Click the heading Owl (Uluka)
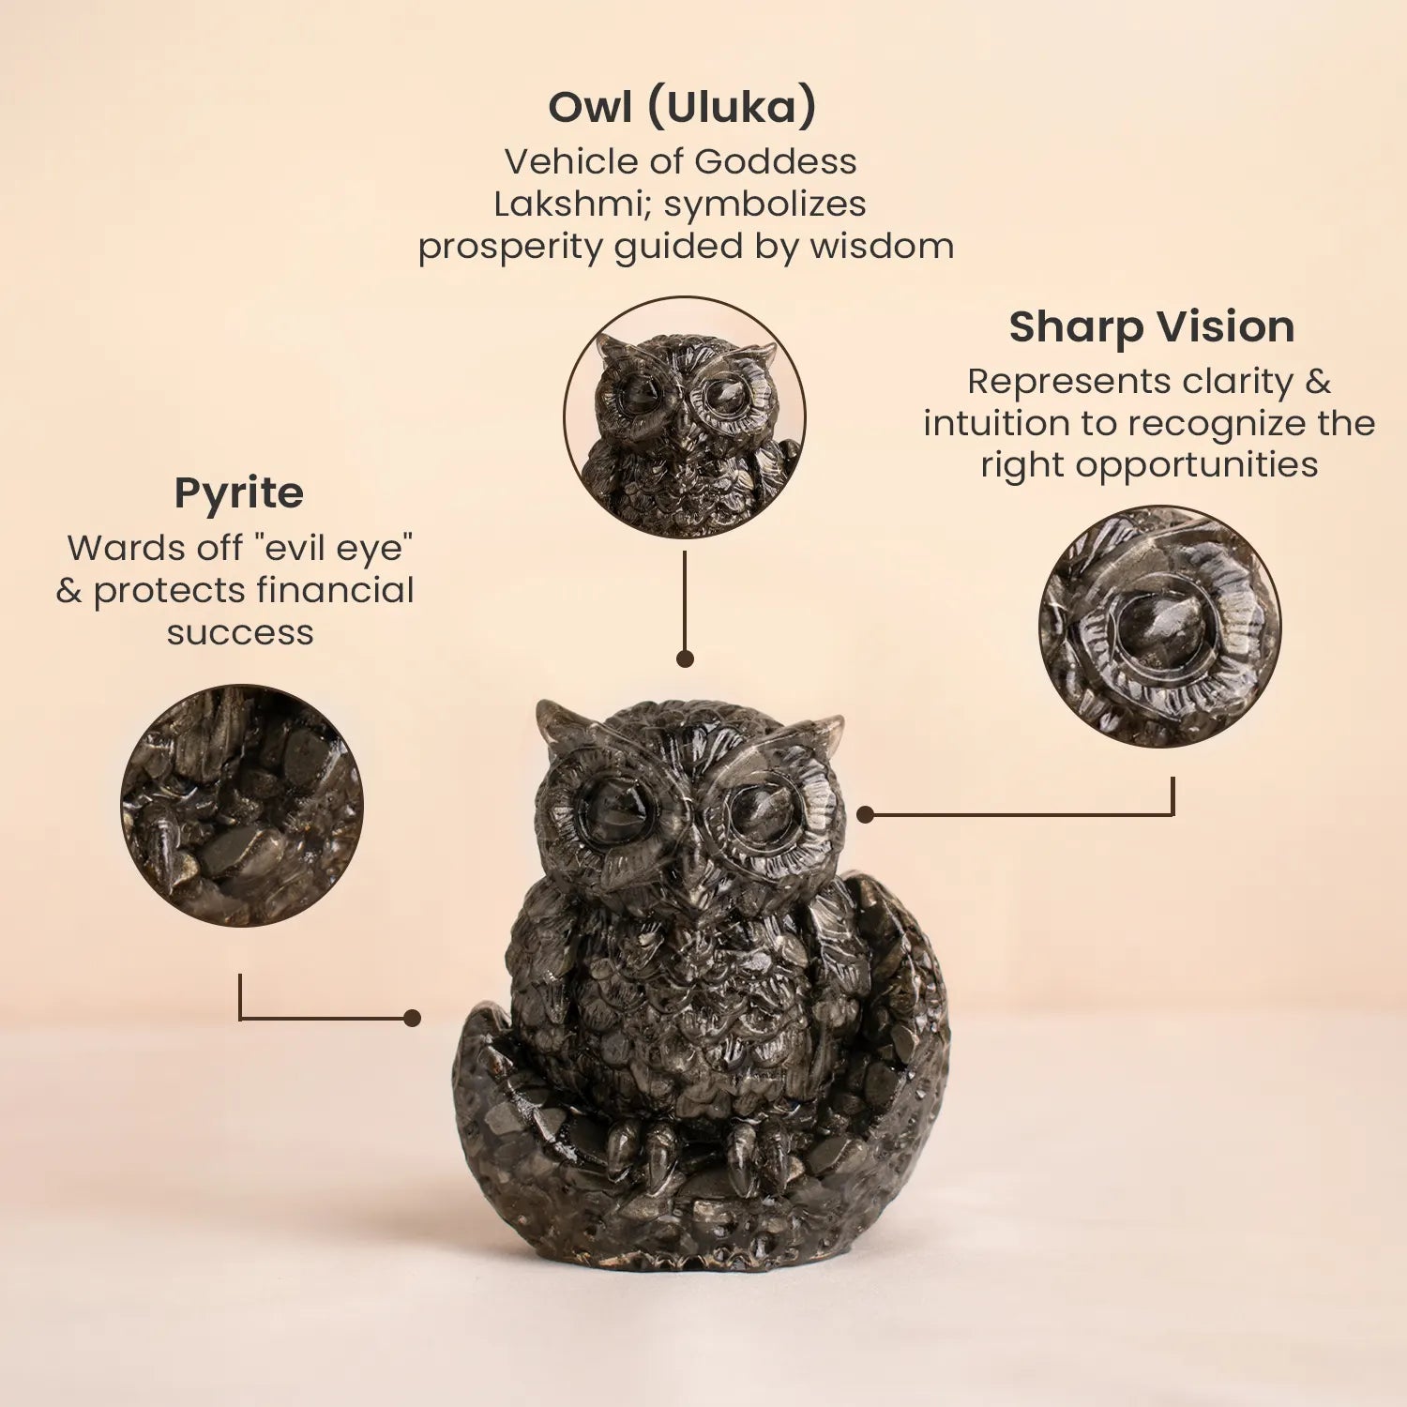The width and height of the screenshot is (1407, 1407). point(682,107)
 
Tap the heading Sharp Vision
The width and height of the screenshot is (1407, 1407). point(1152,326)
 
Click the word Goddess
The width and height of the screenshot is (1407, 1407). point(776,161)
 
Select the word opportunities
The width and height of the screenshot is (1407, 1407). point(1197,465)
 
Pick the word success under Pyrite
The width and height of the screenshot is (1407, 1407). point(240,632)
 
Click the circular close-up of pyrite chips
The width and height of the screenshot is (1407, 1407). point(242,806)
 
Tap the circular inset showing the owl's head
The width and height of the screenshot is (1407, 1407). point(685,417)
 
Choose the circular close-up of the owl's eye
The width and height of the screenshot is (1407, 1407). point(1159,626)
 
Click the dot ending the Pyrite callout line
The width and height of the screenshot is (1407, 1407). point(412,1018)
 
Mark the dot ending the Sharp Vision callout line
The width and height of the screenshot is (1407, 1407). point(865,814)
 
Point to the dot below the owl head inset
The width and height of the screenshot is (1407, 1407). point(685,658)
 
